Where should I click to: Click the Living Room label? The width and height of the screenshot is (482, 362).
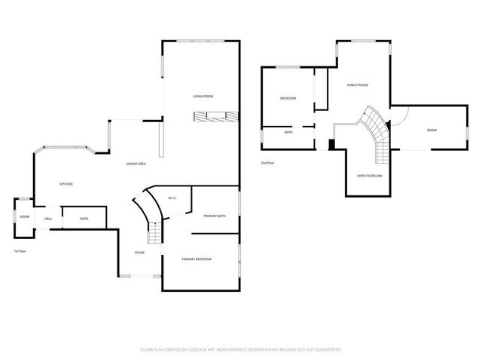click(x=203, y=97)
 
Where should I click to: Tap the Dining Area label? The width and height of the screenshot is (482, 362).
click(x=136, y=164)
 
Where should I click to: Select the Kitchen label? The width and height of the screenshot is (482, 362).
click(x=66, y=184)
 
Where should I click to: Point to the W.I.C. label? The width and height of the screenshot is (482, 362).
click(x=172, y=198)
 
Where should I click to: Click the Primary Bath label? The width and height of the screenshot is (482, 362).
click(x=215, y=216)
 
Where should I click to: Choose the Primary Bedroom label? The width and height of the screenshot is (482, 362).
click(x=197, y=259)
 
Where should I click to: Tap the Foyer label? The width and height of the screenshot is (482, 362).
click(x=139, y=253)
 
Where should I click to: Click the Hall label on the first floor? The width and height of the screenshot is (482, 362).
click(x=48, y=219)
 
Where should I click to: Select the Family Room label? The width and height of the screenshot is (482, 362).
click(x=357, y=85)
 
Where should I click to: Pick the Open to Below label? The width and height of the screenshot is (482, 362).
click(x=370, y=176)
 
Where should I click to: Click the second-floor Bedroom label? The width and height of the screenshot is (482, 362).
click(x=288, y=99)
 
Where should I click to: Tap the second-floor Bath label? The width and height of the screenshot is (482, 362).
click(x=288, y=133)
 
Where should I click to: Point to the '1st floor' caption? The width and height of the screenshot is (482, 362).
click(x=20, y=251)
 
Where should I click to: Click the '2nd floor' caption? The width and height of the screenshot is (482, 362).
click(x=268, y=163)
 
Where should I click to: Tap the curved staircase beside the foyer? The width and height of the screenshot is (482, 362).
click(x=147, y=219)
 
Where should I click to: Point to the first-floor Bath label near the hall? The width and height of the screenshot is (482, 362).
click(x=84, y=219)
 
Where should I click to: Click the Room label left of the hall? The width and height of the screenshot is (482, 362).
click(x=24, y=217)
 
